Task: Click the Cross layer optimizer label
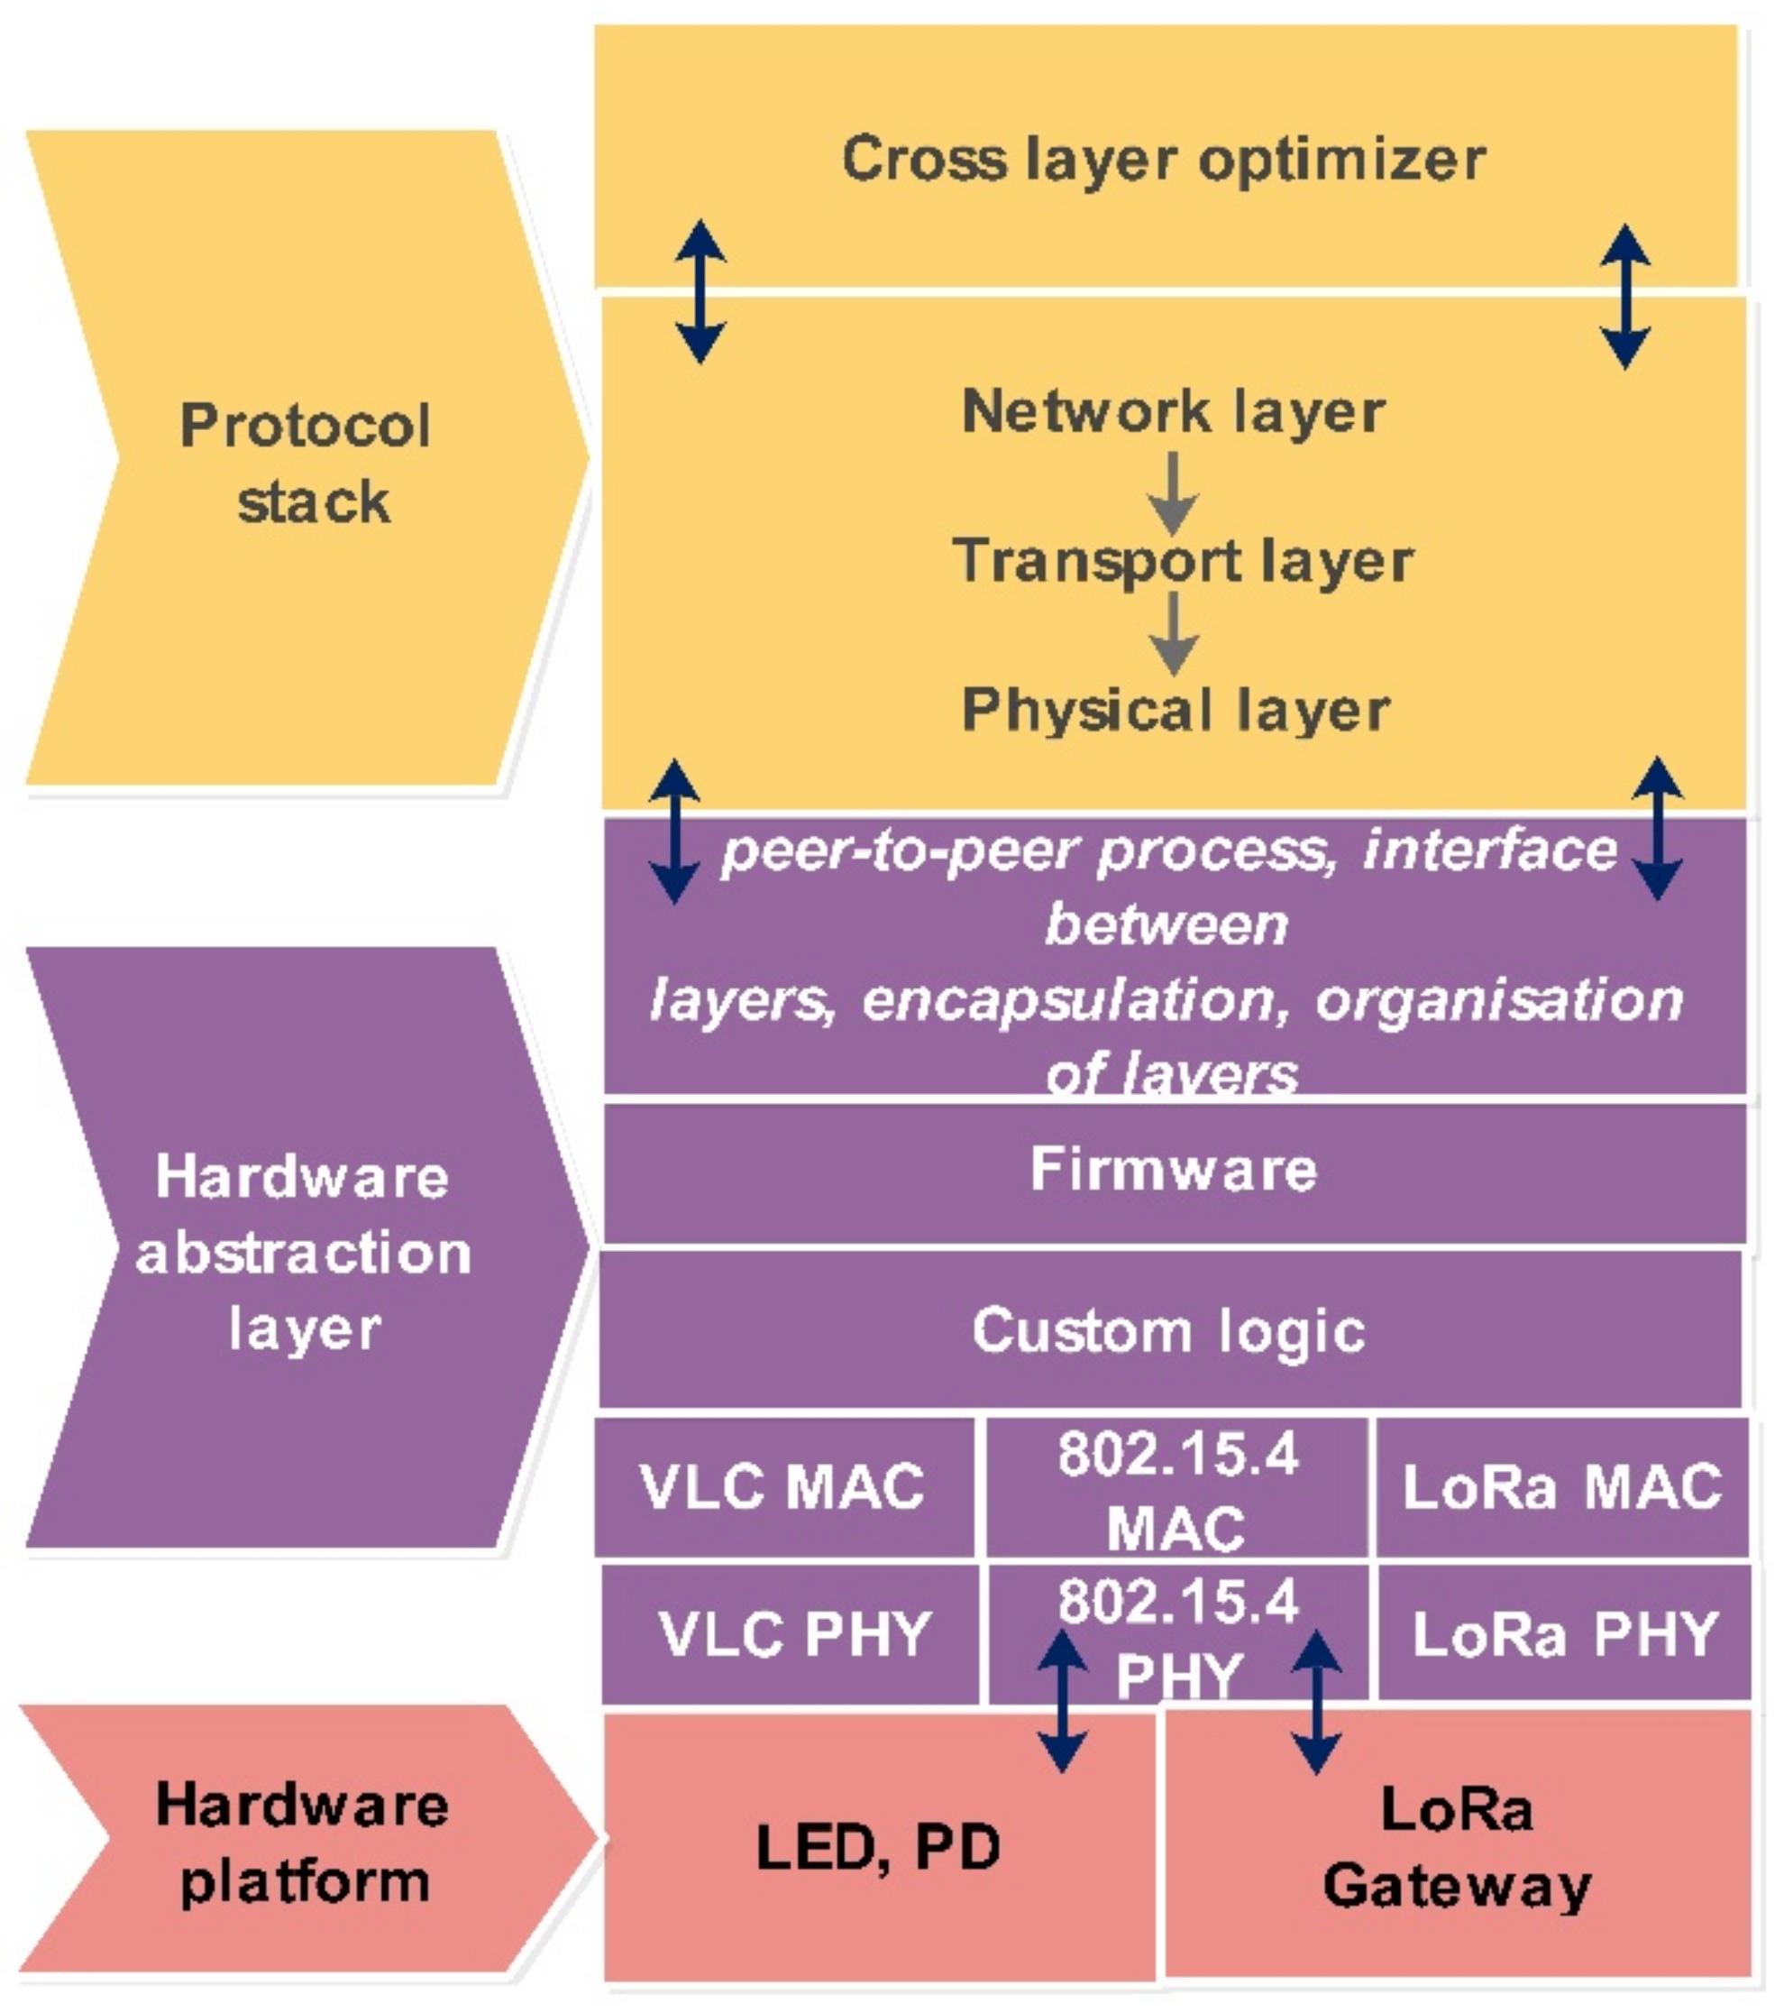1164,160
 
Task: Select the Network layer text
1174,410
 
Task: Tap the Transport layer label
1183,560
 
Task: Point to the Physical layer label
1176,709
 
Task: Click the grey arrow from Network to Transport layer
1173,492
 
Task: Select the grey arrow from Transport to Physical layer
1173,633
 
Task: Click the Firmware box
1173,1169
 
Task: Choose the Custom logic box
1168,1330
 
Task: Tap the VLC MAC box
782,1485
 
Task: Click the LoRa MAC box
1561,1485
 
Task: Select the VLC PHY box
792,1634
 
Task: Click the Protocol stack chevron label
306,463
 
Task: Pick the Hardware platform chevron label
303,1843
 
